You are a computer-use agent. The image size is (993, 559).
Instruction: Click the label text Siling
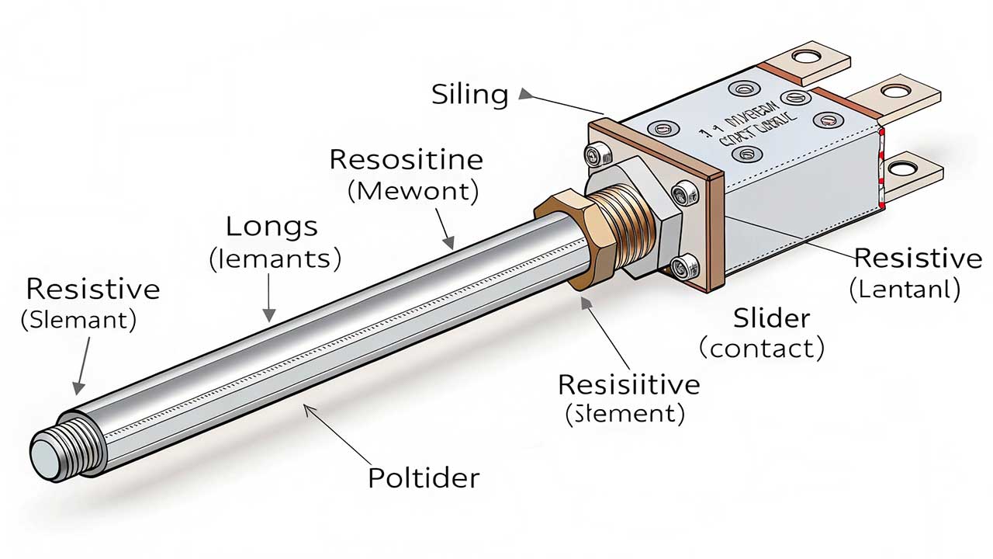(470, 95)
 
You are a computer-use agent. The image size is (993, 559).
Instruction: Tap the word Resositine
(406, 160)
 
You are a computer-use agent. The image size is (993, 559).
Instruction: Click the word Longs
(272, 227)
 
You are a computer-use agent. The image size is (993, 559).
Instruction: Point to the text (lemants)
(275, 259)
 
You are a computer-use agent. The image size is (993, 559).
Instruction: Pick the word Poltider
(424, 477)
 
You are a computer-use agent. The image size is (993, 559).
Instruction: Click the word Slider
(771, 318)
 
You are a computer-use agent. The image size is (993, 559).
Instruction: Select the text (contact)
(761, 349)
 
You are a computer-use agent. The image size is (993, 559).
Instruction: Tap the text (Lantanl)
(905, 290)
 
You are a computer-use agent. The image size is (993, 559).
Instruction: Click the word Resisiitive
(629, 384)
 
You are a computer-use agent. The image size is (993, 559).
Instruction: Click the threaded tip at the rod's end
(58, 453)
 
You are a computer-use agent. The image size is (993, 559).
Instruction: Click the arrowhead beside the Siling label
(525, 94)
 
